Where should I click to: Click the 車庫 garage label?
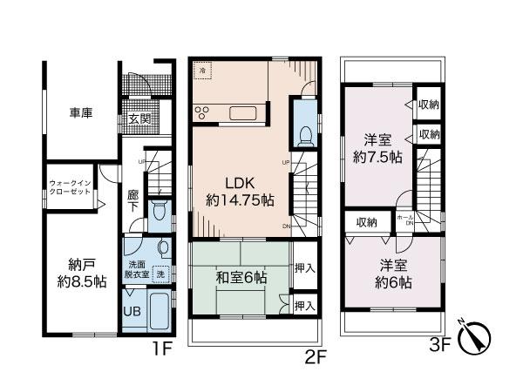coord(81,113)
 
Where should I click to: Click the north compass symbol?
coord(477,338)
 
